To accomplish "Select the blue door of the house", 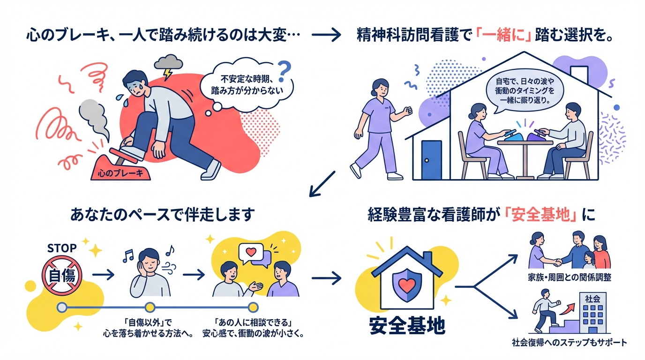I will [431, 159].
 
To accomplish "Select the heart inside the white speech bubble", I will [251, 252].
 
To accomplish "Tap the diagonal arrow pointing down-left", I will [323, 183].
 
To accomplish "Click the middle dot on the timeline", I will [150, 307].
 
